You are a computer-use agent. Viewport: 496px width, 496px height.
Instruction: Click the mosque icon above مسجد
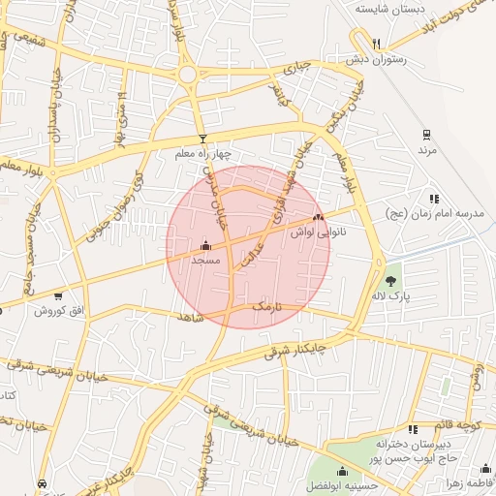(204, 246)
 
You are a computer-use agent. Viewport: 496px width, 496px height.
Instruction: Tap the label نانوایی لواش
(316, 232)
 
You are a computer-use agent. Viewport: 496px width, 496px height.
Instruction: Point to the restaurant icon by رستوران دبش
(376, 44)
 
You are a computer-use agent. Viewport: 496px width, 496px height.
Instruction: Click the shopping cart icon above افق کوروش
(58, 296)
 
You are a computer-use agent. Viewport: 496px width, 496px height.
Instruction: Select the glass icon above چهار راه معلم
(202, 138)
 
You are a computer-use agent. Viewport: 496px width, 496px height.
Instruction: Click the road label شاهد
(192, 317)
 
